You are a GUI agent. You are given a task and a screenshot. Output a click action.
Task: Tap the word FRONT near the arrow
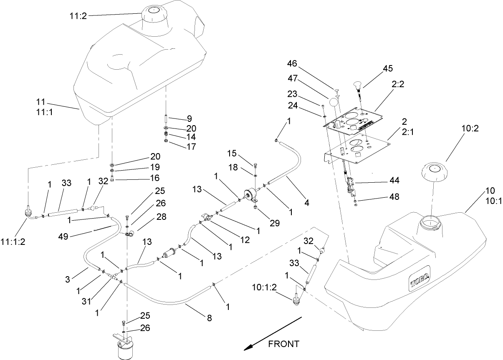tap(283, 344)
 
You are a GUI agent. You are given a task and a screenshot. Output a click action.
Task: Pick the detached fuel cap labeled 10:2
tap(436, 172)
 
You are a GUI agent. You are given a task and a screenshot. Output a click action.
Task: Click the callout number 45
tap(388, 68)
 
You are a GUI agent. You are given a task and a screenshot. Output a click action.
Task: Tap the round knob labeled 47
tap(333, 103)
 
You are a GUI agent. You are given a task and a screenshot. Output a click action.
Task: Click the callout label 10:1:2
tap(263, 287)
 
